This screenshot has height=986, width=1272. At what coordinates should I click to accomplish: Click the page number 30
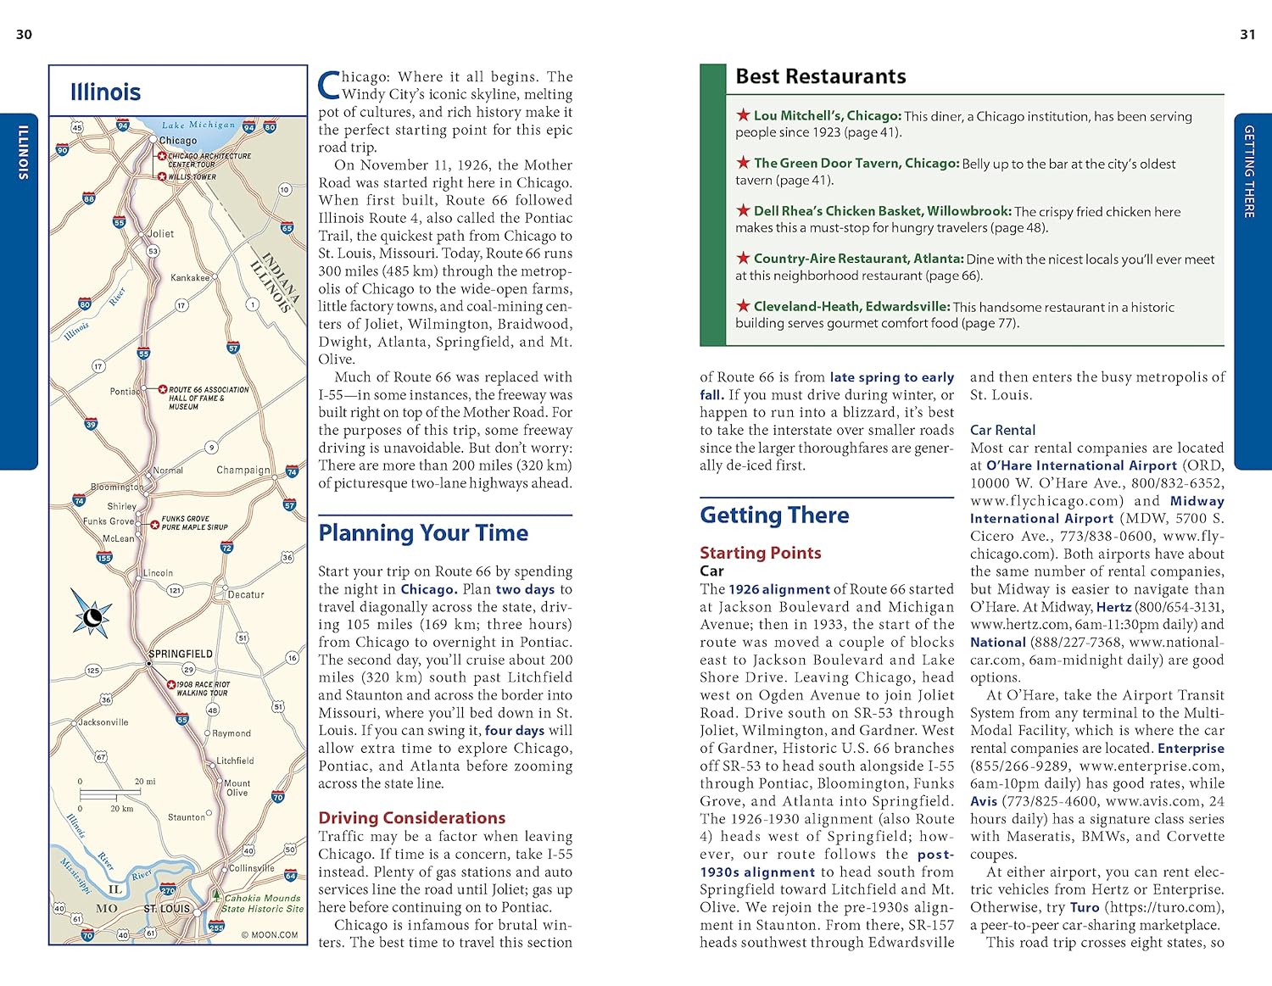(24, 35)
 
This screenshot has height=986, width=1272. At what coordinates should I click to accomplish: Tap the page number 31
(1247, 35)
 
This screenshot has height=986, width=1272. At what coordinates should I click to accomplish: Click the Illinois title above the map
(105, 92)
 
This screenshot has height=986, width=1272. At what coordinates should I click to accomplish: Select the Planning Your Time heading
(423, 532)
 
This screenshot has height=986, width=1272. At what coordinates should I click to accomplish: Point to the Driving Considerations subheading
(411, 817)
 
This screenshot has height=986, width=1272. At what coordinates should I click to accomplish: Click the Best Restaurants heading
(820, 76)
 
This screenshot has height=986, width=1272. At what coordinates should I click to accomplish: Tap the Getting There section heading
(774, 515)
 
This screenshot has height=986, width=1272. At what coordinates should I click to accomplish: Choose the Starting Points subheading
(760, 553)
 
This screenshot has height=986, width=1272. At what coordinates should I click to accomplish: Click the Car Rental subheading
(1002, 430)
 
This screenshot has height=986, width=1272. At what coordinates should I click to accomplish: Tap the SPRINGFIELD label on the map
(181, 654)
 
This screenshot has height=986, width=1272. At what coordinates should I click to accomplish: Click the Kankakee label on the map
(190, 277)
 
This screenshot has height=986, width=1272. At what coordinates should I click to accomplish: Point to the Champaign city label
(243, 470)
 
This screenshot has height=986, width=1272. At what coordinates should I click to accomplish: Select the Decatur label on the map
(246, 594)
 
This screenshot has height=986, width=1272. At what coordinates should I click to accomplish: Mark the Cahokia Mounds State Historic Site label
(262, 903)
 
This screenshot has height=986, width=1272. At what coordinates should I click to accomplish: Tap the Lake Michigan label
(198, 125)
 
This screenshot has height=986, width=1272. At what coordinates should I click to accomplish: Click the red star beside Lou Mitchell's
(743, 114)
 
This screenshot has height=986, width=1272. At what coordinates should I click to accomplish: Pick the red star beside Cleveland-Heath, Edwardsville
(743, 306)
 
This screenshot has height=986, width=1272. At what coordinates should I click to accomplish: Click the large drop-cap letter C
(328, 85)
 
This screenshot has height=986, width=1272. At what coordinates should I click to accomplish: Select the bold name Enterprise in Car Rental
(1191, 748)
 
